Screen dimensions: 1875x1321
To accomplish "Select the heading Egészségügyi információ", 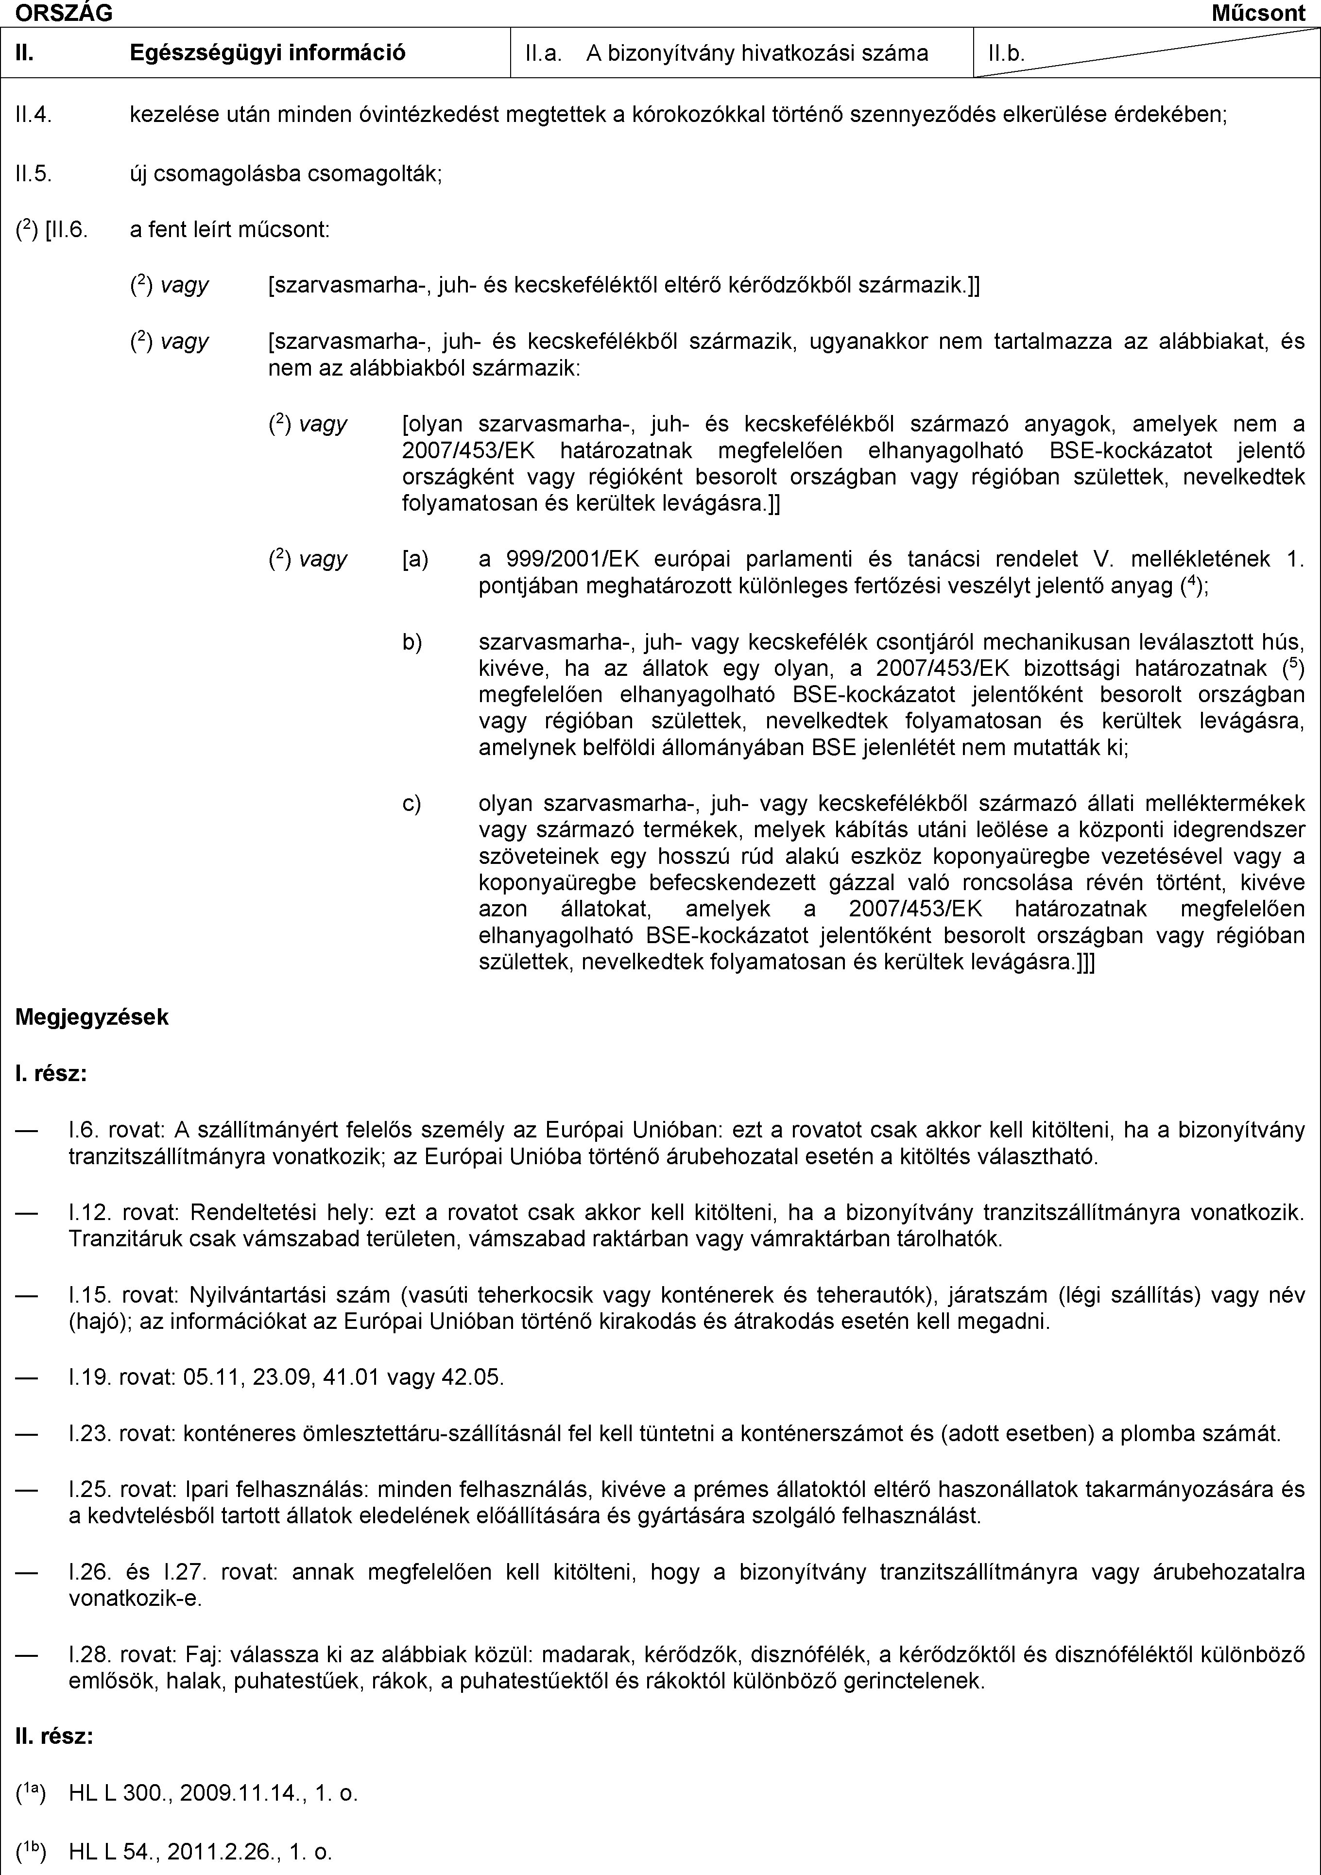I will click(268, 53).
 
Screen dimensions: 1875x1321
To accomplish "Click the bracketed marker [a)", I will click(415, 559).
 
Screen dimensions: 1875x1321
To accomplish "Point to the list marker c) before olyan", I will click(412, 804).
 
